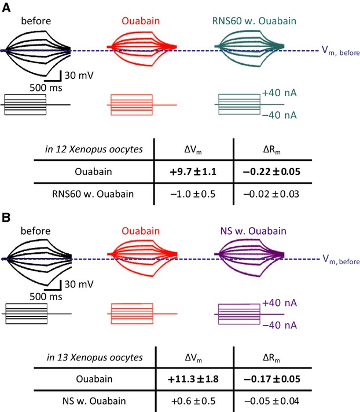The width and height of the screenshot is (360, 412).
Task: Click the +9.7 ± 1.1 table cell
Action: coord(194,172)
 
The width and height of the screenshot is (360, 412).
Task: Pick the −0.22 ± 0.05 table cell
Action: coord(272,172)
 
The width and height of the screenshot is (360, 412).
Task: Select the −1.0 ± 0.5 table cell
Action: coord(194,194)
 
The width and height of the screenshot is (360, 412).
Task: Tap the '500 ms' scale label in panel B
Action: coord(46,296)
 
